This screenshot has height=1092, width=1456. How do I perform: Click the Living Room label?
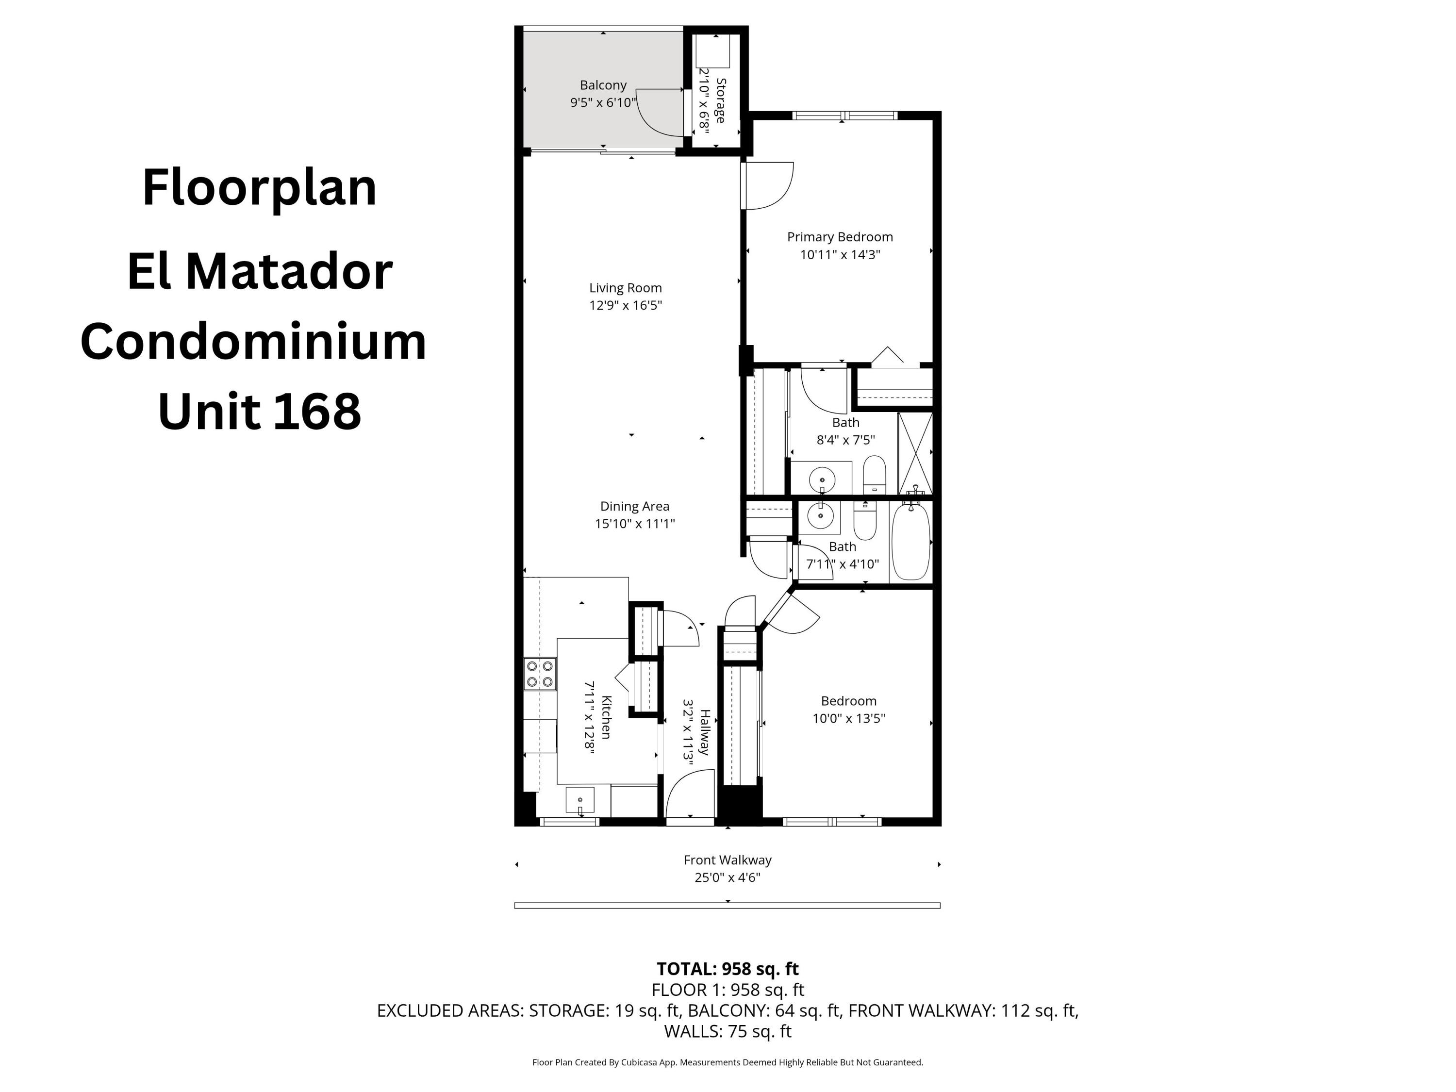625,288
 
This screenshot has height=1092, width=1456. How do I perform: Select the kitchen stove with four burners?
539,674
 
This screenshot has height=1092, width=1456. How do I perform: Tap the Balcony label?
602,85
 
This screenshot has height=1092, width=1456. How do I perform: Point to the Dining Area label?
634,506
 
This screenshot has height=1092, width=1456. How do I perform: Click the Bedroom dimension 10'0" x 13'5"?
848,718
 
